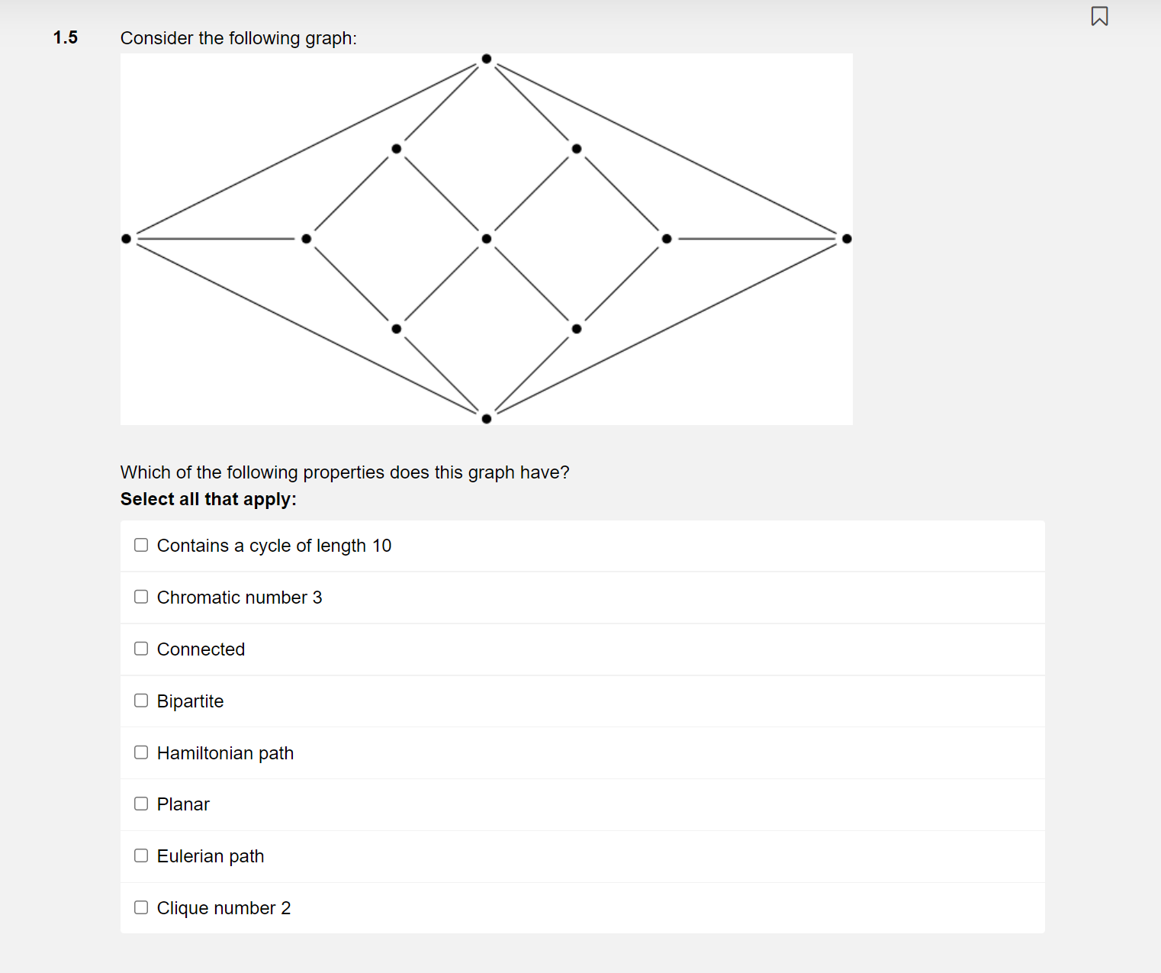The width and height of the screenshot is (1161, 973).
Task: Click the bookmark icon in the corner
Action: [x=1099, y=16]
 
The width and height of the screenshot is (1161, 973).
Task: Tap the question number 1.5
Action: [x=66, y=37]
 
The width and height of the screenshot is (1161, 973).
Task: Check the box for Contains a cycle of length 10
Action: [x=141, y=545]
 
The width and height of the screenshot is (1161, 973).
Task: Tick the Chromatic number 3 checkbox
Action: [x=141, y=597]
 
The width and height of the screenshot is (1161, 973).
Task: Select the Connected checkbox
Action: [x=141, y=649]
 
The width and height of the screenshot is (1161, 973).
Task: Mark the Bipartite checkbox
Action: [x=141, y=701]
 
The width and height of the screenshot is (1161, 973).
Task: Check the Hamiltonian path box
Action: [x=141, y=752]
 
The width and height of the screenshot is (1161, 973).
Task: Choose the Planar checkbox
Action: [x=141, y=804]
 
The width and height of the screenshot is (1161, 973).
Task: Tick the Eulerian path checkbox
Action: [x=141, y=855]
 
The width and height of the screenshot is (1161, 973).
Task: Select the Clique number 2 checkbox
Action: [x=141, y=907]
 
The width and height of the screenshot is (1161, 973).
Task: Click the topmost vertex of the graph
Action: [x=487, y=59]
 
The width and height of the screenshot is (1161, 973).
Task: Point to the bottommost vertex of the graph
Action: [x=487, y=418]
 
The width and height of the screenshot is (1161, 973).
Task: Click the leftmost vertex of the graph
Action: [x=127, y=239]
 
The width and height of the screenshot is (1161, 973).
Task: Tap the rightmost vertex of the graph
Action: [x=847, y=239]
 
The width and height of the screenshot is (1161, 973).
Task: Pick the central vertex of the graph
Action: [x=487, y=239]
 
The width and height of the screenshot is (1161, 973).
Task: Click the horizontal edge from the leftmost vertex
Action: [x=217, y=239]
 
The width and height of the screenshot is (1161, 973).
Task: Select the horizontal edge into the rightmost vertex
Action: [x=757, y=239]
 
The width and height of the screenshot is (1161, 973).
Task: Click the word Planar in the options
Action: [x=183, y=804]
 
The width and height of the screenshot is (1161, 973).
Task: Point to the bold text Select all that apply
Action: [x=208, y=499]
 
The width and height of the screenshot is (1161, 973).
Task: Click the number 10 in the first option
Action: [x=381, y=546]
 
